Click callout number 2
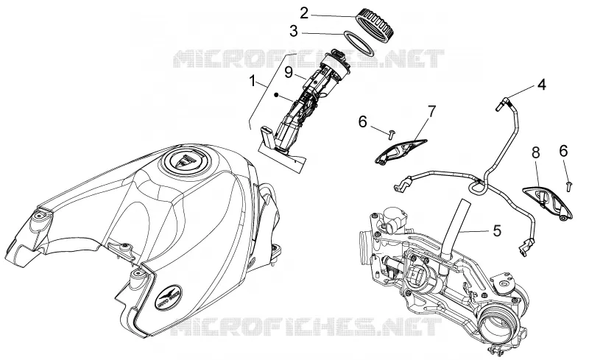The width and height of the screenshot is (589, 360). click(x=304, y=13)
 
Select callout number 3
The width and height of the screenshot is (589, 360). click(x=293, y=32)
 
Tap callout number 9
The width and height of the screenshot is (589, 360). click(x=289, y=71)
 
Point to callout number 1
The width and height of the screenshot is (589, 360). click(x=253, y=81)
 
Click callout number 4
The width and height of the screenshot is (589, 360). click(x=541, y=85)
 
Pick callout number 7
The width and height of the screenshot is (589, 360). click(x=431, y=111)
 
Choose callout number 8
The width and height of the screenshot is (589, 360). click(x=536, y=153)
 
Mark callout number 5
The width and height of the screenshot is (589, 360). click(x=497, y=230)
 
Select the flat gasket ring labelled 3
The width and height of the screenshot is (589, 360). click(x=359, y=43)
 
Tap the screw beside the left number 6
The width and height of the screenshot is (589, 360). click(x=392, y=133)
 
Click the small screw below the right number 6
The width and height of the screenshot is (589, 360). click(x=569, y=186)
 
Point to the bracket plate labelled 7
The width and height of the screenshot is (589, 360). click(x=401, y=151)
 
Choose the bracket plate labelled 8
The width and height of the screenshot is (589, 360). click(x=548, y=202)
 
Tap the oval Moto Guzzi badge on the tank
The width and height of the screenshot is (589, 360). click(x=169, y=297)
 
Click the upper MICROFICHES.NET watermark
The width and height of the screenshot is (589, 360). click(x=308, y=59)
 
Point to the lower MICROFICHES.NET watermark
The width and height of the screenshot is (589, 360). click(x=306, y=326)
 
